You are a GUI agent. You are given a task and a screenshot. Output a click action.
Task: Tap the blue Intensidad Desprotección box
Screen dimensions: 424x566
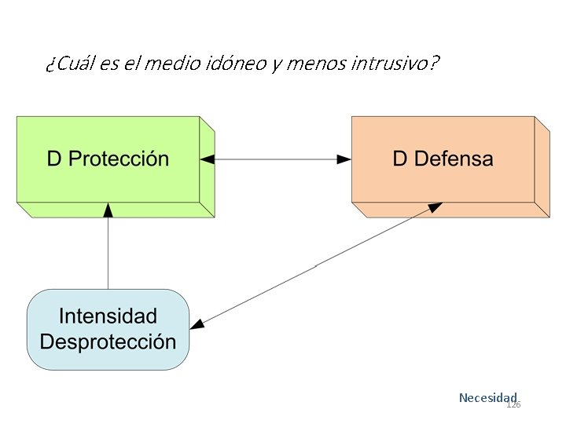[x=108, y=329]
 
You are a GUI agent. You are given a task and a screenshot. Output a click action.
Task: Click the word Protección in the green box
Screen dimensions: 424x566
[x=119, y=159]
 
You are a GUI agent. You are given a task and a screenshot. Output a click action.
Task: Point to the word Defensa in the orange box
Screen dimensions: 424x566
[x=454, y=159]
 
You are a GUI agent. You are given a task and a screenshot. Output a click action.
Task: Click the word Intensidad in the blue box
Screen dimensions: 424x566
[x=108, y=316]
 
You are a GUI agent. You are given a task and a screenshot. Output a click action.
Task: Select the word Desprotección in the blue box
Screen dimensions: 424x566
[x=108, y=342]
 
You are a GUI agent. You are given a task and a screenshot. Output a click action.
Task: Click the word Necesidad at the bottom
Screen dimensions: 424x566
[x=487, y=397]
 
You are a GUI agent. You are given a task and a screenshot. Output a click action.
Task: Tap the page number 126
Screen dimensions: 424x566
[x=513, y=404]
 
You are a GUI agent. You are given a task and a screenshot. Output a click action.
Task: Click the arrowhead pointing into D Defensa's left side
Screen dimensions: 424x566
[x=344, y=159]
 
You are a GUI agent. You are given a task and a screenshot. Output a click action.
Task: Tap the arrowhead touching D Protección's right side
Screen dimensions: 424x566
[x=208, y=159]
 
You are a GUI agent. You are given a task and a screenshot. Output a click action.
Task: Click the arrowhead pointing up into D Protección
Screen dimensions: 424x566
[x=108, y=209]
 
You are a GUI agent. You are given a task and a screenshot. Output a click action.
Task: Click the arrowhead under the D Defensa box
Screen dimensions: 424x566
[x=435, y=207]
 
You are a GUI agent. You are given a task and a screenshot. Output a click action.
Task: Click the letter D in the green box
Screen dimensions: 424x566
[x=54, y=159]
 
